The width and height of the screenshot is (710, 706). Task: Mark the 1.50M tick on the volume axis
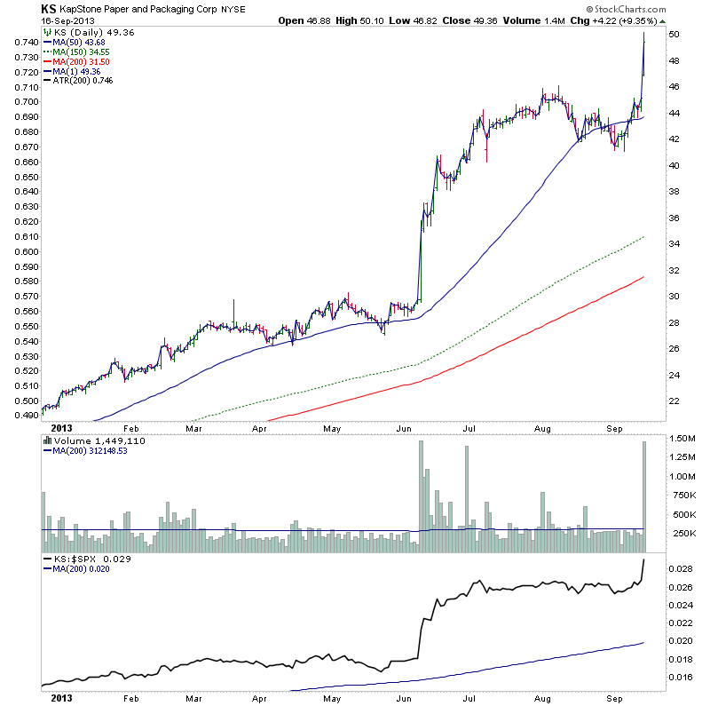coord(684,440)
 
